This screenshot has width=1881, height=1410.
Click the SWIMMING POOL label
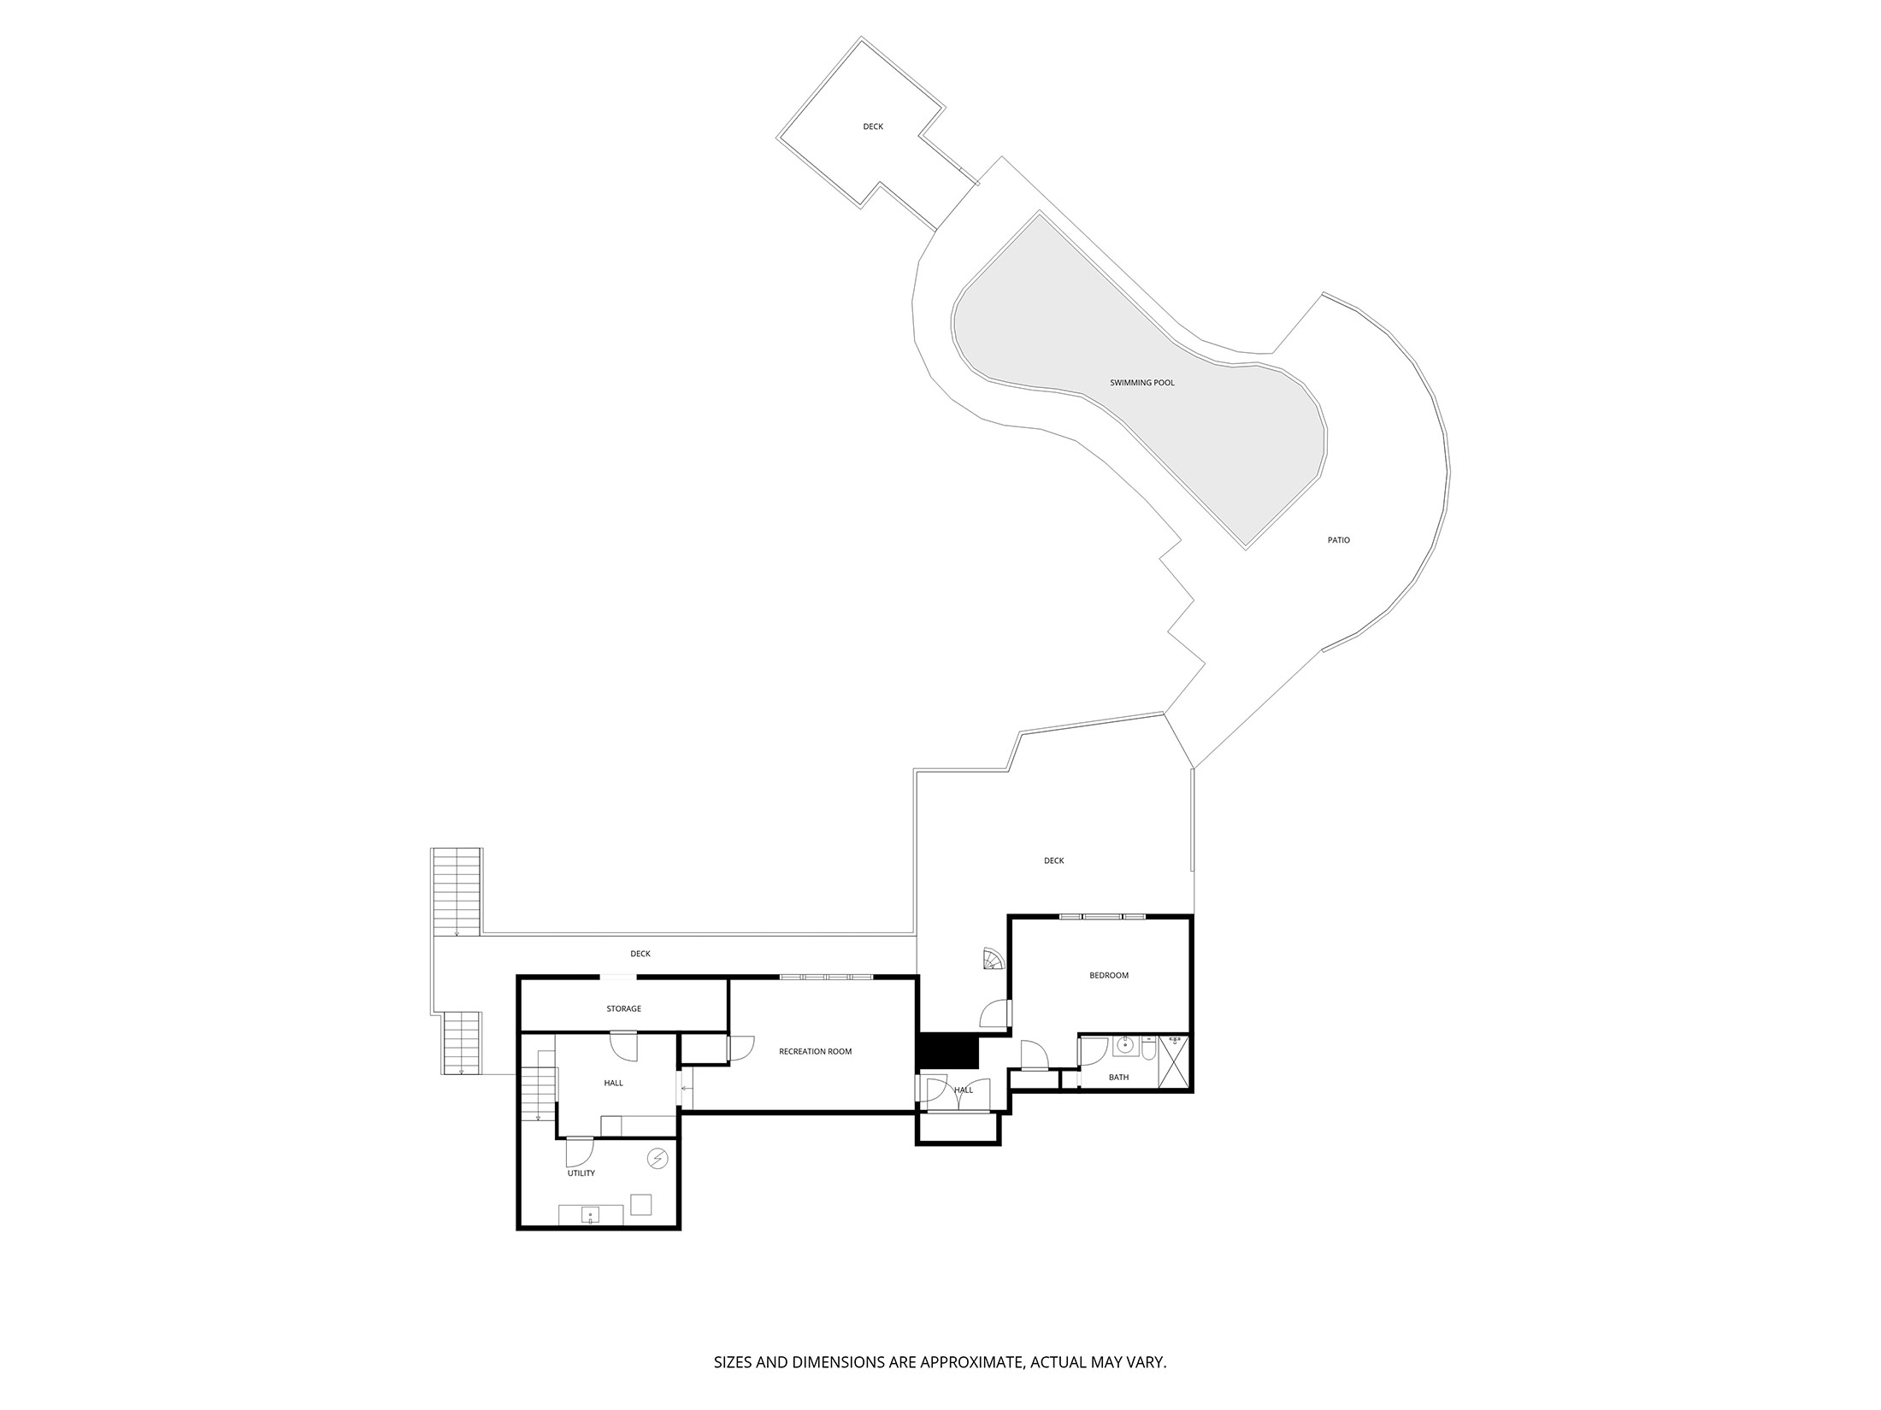[x=1141, y=383]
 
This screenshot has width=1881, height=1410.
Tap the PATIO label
[x=1338, y=540]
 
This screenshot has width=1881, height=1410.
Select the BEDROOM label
[x=1108, y=975]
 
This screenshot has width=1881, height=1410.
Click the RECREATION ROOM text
[x=815, y=1051]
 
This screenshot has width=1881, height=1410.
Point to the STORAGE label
[x=623, y=1008]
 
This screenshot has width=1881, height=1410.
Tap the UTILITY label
[x=581, y=1173]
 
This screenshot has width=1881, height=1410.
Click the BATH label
[x=1117, y=1078]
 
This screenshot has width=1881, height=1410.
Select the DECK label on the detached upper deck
[x=872, y=126]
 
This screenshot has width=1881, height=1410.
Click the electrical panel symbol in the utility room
[x=657, y=1159]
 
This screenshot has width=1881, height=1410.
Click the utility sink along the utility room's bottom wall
[x=590, y=1214]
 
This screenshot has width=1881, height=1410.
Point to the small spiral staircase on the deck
[x=994, y=960]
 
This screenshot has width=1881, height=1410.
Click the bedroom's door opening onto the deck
[x=995, y=1013]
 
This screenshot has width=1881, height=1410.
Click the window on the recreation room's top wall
[x=826, y=976]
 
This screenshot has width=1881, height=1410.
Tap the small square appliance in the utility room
[x=640, y=1204]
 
